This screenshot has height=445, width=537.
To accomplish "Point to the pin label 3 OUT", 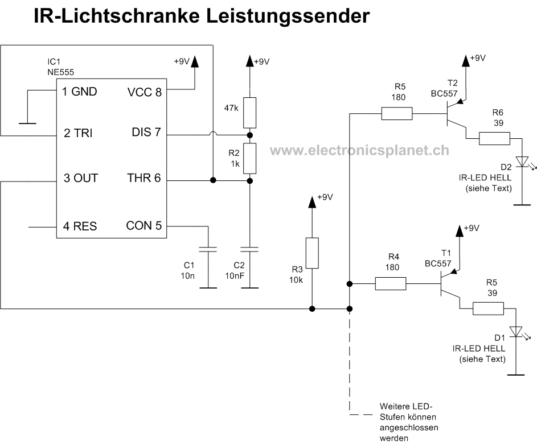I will click(80, 179).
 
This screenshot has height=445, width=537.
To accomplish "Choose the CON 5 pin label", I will click(144, 225).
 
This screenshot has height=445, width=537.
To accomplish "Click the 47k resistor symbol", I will click(249, 113).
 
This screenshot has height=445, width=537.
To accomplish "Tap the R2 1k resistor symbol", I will click(249, 158).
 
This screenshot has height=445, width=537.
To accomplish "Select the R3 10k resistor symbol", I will click(311, 253).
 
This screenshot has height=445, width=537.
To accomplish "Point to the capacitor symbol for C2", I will click(249, 249).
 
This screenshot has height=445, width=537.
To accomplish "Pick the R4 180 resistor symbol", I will click(391, 283).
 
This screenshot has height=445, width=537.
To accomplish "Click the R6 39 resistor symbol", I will click(494, 138).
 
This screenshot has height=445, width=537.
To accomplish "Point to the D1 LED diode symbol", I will click(516, 331).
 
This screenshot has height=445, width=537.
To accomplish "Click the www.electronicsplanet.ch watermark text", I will click(359, 150).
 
